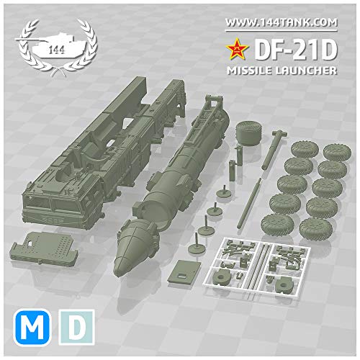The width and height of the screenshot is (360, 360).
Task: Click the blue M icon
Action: pos(32,327)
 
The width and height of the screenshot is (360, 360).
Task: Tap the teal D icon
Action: pos(77,327)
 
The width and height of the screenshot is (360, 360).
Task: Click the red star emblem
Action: pos(238,50)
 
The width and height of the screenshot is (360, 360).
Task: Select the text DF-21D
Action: pos(296,50)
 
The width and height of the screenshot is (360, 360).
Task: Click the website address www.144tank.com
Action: pos(282,22)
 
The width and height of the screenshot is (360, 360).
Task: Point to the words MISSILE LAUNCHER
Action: pos(282,71)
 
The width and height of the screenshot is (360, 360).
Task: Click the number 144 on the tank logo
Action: pos(57,50)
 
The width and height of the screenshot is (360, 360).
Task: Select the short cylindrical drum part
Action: pos(249,132)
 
